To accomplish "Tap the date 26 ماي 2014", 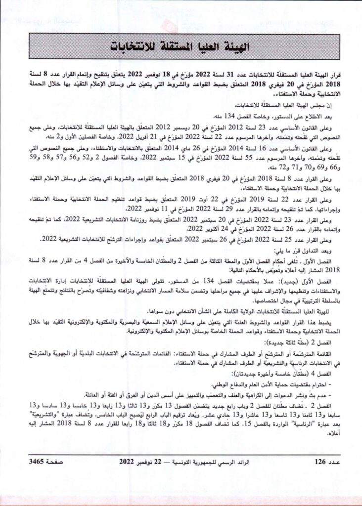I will [x=214, y=149].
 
